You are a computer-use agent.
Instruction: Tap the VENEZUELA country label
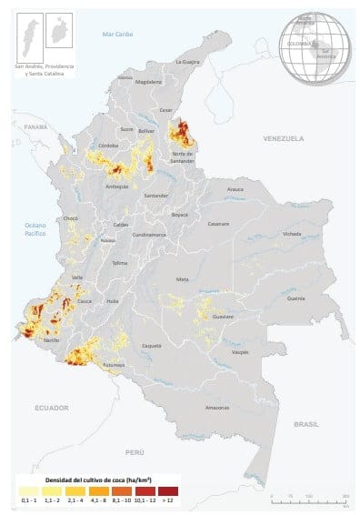[x=282, y=139]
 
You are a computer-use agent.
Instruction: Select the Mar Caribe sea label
[x=118, y=34]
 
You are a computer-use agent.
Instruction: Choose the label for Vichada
[x=291, y=234]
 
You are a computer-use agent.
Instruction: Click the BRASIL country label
[x=307, y=425]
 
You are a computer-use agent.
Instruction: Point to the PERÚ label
[x=135, y=451]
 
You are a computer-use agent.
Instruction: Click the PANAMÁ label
[x=35, y=126]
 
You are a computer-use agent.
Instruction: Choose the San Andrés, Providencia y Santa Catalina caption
[x=43, y=71]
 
